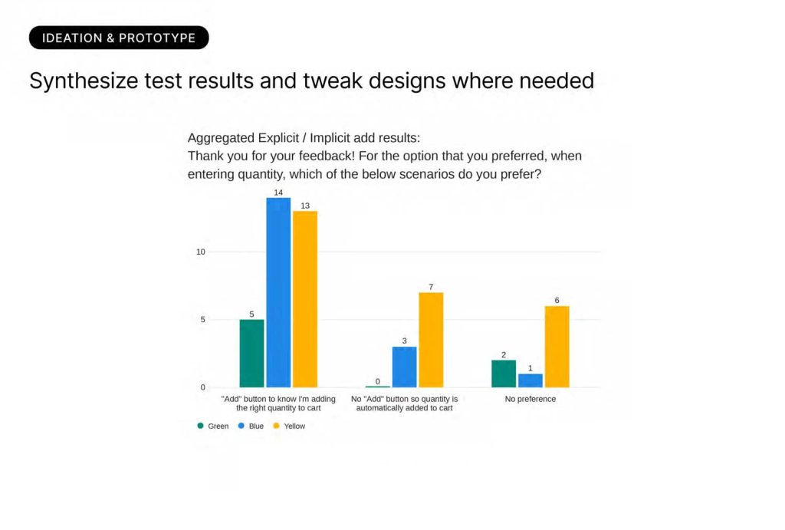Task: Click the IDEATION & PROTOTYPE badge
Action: pyautogui.click(x=119, y=38)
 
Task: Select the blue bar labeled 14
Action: pyautogui.click(x=278, y=292)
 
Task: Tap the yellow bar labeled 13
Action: pyautogui.click(x=305, y=299)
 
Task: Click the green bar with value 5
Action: pyautogui.click(x=251, y=353)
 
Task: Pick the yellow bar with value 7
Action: pyautogui.click(x=431, y=340)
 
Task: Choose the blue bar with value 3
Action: pyautogui.click(x=405, y=367)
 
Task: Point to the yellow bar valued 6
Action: pyautogui.click(x=557, y=347)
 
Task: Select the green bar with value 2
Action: pyautogui.click(x=504, y=374)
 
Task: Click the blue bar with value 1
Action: pyautogui.click(x=530, y=380)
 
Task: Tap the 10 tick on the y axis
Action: pyautogui.click(x=201, y=252)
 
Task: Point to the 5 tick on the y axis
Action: pyautogui.click(x=202, y=320)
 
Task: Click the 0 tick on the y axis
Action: pyautogui.click(x=202, y=387)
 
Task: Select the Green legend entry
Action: pyautogui.click(x=213, y=426)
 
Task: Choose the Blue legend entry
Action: pyautogui.click(x=251, y=426)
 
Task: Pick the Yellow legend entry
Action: pyautogui.click(x=289, y=426)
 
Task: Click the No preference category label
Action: pyautogui.click(x=530, y=399)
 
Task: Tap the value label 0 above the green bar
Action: pyautogui.click(x=377, y=382)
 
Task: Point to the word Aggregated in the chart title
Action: pyautogui.click(x=221, y=138)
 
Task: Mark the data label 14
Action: pyautogui.click(x=278, y=193)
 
